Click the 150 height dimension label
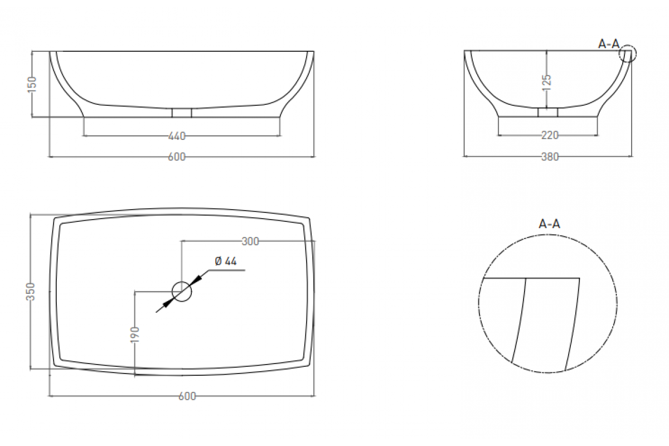tap(32, 84)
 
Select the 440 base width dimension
tap(177, 136)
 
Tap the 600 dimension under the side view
tap(177, 157)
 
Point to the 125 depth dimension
tap(546, 83)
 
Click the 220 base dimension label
tap(550, 135)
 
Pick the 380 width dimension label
tap(550, 157)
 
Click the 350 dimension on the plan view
tap(31, 292)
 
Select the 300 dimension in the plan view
tap(250, 241)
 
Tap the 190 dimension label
tap(135, 334)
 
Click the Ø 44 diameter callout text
tap(226, 261)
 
